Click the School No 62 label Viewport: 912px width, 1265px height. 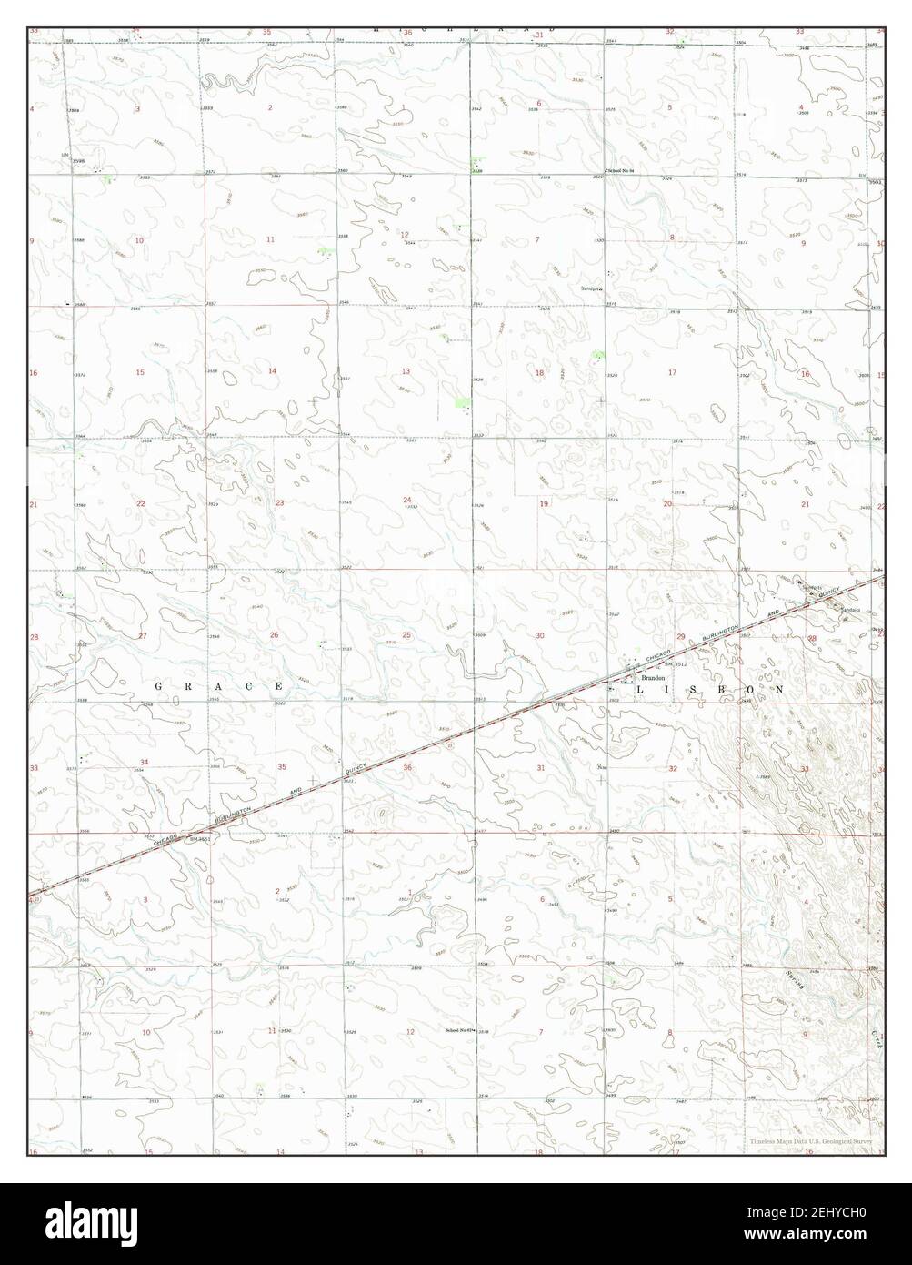(x=460, y=1030)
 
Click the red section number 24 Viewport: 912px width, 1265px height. (x=407, y=501)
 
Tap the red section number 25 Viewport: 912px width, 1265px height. (x=406, y=634)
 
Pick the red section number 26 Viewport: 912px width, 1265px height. (x=274, y=634)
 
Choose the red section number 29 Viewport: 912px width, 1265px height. (x=680, y=636)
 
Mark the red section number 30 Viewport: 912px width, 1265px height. (x=540, y=636)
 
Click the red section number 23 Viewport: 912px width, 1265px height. (x=279, y=502)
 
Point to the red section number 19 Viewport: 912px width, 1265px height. (x=544, y=503)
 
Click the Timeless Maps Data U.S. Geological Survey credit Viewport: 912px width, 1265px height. (x=811, y=1141)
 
